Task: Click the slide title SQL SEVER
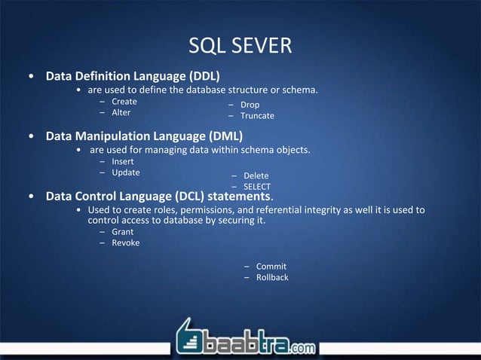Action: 240,47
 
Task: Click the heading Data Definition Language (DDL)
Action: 133,76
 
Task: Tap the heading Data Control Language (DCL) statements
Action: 158,196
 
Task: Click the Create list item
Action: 124,101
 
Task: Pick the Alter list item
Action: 121,112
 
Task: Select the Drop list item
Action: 250,105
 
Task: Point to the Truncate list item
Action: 257,116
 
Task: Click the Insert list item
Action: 123,162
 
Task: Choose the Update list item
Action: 125,172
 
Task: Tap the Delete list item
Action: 255,176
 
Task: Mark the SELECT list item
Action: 256,187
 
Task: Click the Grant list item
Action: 122,232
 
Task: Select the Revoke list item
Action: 125,243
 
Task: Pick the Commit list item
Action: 271,267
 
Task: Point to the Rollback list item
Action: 272,277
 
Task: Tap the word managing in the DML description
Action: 173,150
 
